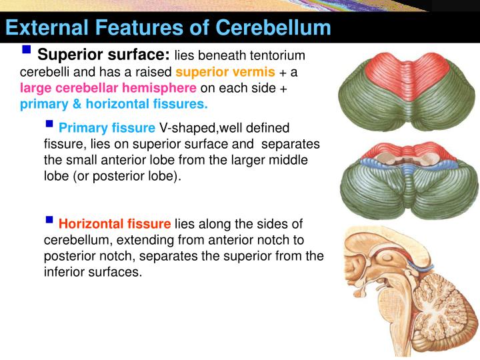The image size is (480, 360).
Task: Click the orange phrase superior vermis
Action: point(225,72)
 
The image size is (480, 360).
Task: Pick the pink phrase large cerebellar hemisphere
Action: point(108,89)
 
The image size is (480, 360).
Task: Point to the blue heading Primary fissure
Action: point(107,128)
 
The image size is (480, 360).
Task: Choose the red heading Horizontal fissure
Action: point(115,224)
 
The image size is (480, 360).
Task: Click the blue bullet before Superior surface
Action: point(27,50)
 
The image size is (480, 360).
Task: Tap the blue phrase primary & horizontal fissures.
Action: point(113,105)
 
